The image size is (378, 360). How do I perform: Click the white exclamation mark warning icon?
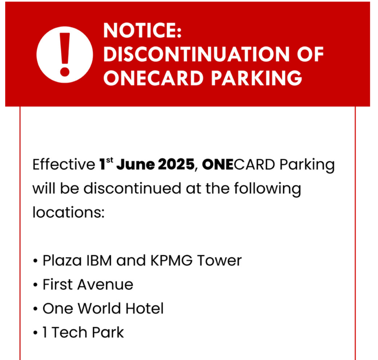point(65,55)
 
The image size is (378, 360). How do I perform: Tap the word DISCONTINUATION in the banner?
point(196,54)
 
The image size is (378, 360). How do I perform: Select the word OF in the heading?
point(310,54)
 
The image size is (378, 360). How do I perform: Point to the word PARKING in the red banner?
point(257,78)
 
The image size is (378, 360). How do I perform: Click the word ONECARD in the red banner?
point(153,78)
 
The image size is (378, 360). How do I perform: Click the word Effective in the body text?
point(64,165)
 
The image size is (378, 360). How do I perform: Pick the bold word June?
point(135,165)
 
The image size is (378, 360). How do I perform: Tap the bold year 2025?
point(176,165)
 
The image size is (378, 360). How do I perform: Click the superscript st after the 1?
point(109,160)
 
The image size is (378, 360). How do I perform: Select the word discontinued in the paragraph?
point(133,189)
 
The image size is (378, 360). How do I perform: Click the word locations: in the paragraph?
point(68,213)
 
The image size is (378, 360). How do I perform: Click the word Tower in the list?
point(219,261)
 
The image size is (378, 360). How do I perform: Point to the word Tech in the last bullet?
point(69,332)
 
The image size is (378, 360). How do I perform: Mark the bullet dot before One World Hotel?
point(35,309)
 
